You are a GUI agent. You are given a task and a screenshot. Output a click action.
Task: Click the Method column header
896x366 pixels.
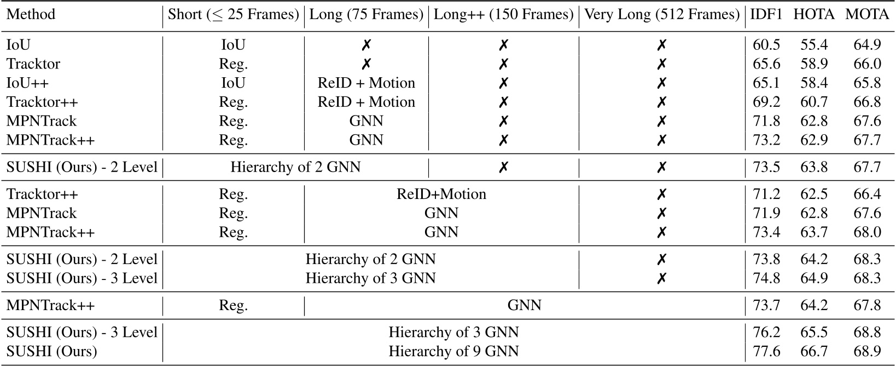[x=31, y=14]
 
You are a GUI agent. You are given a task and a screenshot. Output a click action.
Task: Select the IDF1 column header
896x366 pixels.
[x=766, y=14]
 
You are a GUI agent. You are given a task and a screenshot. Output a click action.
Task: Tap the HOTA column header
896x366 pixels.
[x=814, y=14]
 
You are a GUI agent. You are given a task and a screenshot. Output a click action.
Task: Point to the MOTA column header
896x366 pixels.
[x=867, y=14]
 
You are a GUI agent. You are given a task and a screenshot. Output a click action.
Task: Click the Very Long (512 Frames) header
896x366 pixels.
[x=662, y=14]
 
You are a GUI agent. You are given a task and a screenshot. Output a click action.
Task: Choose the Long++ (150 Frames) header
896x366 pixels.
[x=503, y=14]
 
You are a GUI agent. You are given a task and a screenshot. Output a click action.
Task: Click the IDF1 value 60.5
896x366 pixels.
[x=766, y=45]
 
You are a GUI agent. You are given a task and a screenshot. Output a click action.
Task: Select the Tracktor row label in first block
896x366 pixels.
[x=33, y=64]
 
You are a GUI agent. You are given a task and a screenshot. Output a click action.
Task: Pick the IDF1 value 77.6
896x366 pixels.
[x=766, y=351]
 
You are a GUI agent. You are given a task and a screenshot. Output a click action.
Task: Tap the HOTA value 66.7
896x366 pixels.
[x=814, y=351]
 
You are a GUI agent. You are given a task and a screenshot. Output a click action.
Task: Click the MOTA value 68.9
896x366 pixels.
[x=867, y=351]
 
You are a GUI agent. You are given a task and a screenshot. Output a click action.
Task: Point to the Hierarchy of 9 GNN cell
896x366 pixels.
[x=453, y=351]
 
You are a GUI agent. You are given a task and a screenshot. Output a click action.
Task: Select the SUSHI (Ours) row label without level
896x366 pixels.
[x=51, y=351]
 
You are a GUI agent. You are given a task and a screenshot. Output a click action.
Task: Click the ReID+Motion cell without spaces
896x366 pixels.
[x=441, y=195]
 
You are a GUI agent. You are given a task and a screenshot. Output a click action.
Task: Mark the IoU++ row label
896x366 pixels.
[x=26, y=83]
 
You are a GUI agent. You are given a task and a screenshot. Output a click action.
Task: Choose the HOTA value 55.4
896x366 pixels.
[x=814, y=45]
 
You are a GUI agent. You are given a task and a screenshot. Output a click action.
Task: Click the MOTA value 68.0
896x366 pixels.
[x=867, y=232]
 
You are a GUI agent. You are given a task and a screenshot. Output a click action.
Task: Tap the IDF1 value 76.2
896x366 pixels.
[x=766, y=333]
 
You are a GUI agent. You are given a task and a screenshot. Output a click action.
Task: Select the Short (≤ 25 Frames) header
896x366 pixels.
[x=234, y=14]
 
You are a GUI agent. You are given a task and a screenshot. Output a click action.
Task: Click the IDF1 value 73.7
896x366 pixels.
[x=766, y=305]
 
